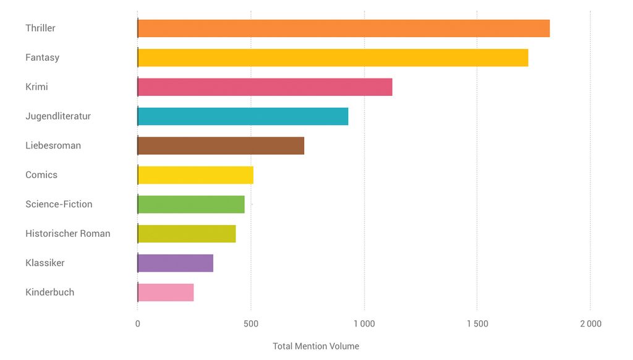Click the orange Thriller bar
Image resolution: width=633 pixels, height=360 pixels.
(x=343, y=28)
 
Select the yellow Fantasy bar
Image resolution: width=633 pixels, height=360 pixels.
(x=333, y=58)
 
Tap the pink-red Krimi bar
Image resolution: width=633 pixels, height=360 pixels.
(x=265, y=87)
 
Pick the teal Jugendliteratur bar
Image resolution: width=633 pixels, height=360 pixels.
(x=242, y=116)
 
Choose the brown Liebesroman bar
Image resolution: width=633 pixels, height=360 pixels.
(x=221, y=146)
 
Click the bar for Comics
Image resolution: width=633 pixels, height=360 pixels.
(x=195, y=175)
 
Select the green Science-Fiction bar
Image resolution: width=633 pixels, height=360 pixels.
(x=191, y=204)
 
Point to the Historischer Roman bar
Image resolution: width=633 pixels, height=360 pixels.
(x=187, y=234)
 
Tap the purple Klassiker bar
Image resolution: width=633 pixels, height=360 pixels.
(x=176, y=263)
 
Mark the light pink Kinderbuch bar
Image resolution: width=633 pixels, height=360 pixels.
(x=166, y=293)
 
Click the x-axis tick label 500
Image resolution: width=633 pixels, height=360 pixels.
(x=250, y=324)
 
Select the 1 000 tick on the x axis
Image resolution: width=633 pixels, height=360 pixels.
(x=363, y=324)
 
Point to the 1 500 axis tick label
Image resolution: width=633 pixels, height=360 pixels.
(x=477, y=324)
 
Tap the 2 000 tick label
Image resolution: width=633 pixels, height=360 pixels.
(x=590, y=324)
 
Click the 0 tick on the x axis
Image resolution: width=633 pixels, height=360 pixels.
(x=137, y=324)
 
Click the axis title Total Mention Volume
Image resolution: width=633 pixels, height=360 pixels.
(x=316, y=346)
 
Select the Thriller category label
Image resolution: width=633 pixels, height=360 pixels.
(x=40, y=28)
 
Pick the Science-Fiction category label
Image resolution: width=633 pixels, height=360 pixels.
(x=59, y=204)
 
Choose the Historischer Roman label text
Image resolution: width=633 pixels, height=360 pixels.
(x=68, y=234)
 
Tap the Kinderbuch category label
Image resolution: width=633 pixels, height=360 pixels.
(x=49, y=293)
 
